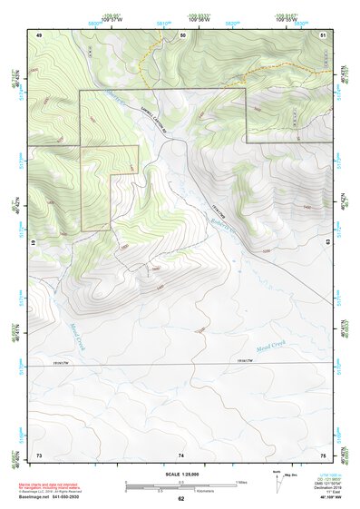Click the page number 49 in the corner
(x=40, y=34)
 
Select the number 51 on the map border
(x=323, y=34)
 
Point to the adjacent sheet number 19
(x=34, y=244)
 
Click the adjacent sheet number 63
(x=329, y=243)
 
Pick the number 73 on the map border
(x=39, y=454)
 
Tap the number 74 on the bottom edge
(x=181, y=454)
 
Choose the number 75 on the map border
(x=324, y=454)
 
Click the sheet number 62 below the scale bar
(x=181, y=498)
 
